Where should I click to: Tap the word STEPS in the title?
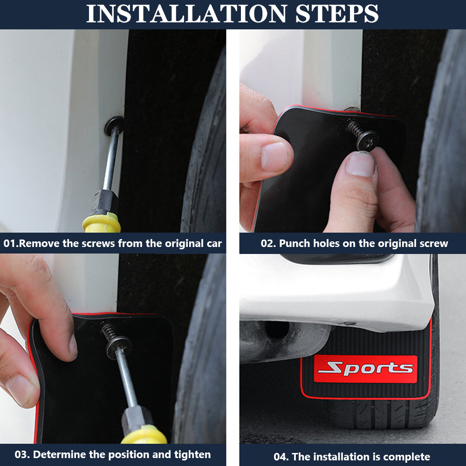(x=337, y=14)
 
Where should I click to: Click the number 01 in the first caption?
(x=9, y=243)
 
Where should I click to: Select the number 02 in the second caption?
(x=267, y=243)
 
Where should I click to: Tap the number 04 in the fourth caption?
(x=280, y=457)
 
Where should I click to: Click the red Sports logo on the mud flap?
(x=365, y=369)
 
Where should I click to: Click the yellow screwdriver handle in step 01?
(x=102, y=223)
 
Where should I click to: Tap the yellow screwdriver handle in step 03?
(x=144, y=435)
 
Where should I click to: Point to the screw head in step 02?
(x=367, y=140)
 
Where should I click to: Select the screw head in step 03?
(x=119, y=347)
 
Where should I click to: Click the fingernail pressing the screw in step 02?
(x=361, y=164)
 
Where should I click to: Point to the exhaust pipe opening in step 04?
(x=277, y=329)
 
